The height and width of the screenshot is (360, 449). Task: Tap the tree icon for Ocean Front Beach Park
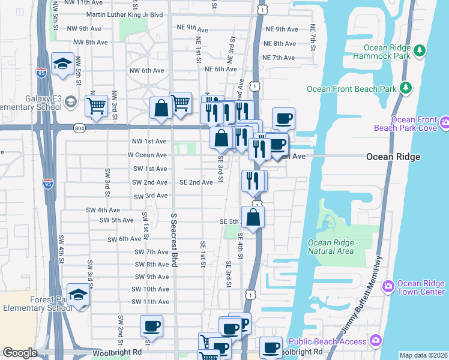[406, 88]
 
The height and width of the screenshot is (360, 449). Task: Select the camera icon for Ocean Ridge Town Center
[388, 284]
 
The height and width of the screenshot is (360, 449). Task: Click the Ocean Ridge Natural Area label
[330, 247]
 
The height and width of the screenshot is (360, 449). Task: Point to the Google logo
[20, 353]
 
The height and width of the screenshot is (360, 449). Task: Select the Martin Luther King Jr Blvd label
[116, 14]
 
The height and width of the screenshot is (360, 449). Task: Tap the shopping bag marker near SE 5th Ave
[253, 217]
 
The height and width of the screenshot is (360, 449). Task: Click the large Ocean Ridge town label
[393, 157]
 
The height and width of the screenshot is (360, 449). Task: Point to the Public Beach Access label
[327, 341]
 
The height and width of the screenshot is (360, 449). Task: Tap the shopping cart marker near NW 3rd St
[96, 106]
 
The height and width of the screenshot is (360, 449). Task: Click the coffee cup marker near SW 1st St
[151, 326]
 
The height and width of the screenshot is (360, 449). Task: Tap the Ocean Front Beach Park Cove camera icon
[445, 123]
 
